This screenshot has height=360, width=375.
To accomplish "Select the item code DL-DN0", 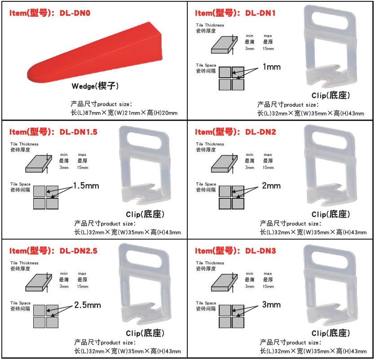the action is click(75, 13).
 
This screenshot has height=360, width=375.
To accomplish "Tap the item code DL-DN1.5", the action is click(79, 132).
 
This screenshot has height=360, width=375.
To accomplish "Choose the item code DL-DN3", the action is click(260, 251).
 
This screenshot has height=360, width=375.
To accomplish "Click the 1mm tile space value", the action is click(271, 67).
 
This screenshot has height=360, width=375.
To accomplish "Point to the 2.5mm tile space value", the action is click(88, 305).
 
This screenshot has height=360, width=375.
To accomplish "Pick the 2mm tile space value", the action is click(271, 186).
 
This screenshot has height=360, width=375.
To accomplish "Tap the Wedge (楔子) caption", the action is click(95, 86).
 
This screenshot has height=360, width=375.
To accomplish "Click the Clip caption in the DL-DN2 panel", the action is click(331, 214).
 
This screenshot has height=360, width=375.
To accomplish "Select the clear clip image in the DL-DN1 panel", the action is click(331, 46).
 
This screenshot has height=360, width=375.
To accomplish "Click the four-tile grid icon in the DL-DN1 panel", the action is click(231, 78).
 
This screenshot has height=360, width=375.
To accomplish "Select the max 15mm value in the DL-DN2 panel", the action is click(268, 168).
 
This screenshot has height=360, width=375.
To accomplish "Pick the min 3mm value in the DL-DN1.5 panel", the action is click(64, 168).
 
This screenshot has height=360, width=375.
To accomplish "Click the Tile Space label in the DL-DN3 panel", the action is click(206, 303).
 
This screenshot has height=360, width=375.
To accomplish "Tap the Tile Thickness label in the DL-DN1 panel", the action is click(210, 25).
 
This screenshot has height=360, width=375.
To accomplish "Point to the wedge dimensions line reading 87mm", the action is click(124, 113).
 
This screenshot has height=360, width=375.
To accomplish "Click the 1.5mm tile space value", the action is click(86, 186).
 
